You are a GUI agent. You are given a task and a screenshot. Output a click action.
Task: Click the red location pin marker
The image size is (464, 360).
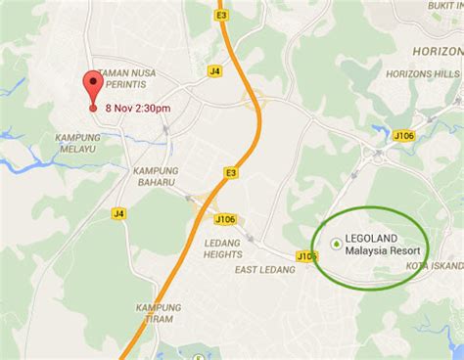(94, 86)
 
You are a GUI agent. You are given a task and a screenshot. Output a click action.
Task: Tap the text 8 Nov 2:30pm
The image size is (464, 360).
(138, 108)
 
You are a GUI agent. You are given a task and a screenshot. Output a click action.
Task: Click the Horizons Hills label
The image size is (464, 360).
(422, 74)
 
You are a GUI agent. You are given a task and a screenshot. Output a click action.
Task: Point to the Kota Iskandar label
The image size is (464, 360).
(438, 266)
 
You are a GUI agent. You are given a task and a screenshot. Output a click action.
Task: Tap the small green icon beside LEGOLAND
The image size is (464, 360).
(338, 243)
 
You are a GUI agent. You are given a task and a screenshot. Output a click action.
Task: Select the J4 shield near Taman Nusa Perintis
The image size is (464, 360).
(214, 70)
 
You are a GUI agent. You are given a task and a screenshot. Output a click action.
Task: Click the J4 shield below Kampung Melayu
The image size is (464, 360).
(119, 212)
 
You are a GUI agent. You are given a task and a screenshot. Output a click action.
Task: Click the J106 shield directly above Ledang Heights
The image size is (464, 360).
(223, 219)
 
